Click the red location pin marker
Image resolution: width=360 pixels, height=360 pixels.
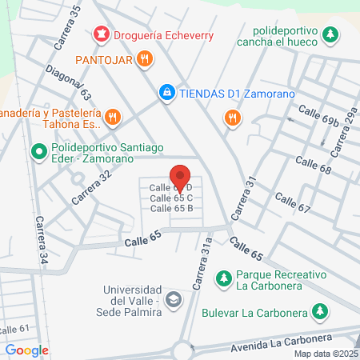180,177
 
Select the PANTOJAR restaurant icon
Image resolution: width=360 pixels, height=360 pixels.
144,58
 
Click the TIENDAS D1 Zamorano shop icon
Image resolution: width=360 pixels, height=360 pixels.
166,93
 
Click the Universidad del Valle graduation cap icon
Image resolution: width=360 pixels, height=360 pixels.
173,300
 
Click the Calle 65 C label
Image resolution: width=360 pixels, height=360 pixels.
172,198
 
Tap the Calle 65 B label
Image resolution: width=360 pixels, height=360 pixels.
172,208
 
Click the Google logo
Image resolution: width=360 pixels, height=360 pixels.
26,350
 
